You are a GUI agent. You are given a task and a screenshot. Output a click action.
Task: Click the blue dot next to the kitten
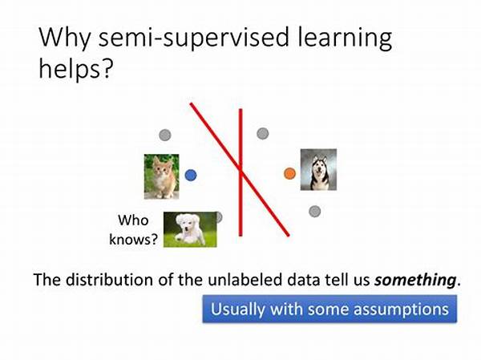(x=191, y=176)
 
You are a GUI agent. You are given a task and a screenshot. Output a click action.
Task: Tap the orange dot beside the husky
(x=289, y=173)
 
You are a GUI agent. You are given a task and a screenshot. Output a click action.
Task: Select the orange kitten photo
(x=162, y=176)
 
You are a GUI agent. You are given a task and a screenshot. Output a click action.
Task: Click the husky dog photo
(x=318, y=170)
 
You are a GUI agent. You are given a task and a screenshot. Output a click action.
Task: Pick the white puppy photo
(x=190, y=229)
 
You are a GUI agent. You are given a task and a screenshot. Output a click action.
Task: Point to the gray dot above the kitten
(x=165, y=135)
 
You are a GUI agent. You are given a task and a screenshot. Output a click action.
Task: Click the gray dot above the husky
(x=263, y=134)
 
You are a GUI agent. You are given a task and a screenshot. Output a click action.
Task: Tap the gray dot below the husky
(x=315, y=211)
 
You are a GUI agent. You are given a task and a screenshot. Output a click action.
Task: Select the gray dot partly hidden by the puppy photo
(x=220, y=217)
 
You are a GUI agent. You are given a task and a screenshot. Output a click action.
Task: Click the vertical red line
(x=240, y=172)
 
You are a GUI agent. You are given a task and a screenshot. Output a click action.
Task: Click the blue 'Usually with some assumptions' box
(x=329, y=309)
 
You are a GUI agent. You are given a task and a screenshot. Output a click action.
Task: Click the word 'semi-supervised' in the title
(x=194, y=38)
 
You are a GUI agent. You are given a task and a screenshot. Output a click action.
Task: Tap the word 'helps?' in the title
(x=76, y=69)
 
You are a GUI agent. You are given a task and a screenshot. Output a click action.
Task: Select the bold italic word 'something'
(x=415, y=280)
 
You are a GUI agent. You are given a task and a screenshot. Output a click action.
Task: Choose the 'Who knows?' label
(x=133, y=229)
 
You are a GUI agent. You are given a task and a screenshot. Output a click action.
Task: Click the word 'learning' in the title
(x=345, y=38)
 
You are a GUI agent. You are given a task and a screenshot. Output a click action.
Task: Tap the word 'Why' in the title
(x=65, y=38)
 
